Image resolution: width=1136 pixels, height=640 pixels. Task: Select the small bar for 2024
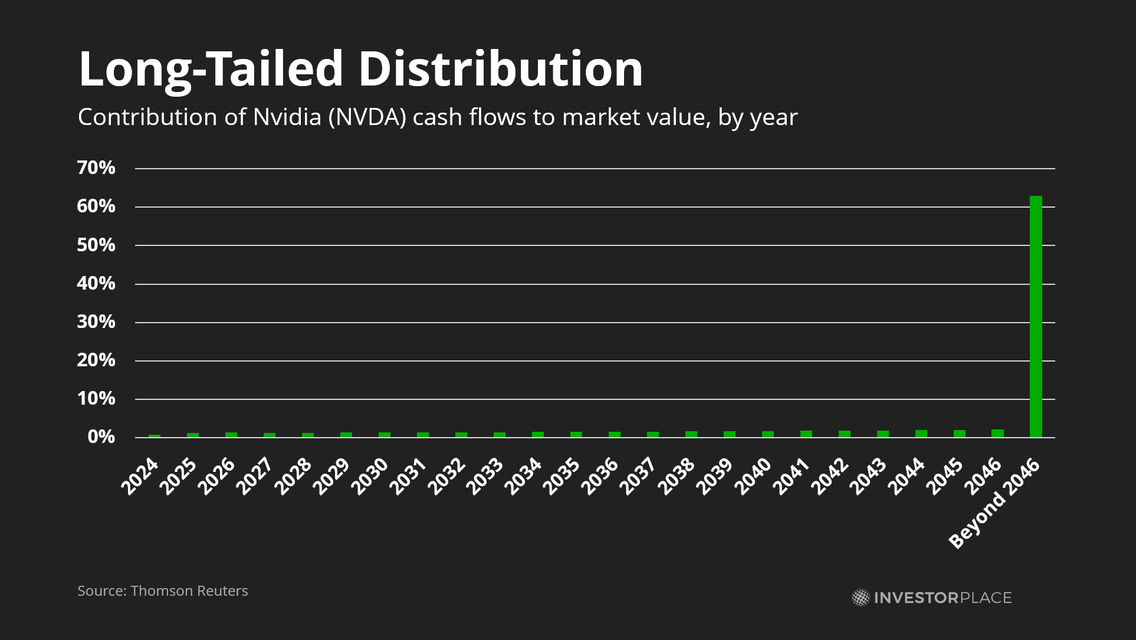tap(155, 436)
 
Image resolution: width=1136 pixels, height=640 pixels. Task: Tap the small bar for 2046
tap(997, 434)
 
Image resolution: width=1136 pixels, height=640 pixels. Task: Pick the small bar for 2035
tap(576, 435)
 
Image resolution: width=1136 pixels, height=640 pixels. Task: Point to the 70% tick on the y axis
tap(96, 168)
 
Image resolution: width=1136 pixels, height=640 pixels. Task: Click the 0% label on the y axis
tap(101, 437)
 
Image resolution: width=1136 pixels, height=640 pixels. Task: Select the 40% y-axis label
tap(96, 284)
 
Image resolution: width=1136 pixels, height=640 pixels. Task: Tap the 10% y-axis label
tap(96, 399)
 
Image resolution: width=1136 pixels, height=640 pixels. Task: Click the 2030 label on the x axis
tap(370, 476)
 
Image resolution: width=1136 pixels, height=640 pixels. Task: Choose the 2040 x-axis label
tap(753, 476)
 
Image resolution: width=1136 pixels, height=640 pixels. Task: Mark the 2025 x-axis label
tap(178, 476)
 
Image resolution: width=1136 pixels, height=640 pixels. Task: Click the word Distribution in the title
tap(500, 69)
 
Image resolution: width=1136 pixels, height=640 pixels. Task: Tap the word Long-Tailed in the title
tap(211, 69)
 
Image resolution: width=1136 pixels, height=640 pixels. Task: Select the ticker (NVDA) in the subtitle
tap(367, 117)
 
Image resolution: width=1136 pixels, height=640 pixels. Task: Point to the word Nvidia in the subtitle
tap(287, 117)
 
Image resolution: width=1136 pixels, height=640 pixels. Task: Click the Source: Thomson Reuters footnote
tap(163, 591)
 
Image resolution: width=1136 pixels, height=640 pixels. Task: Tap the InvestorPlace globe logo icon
tap(861, 598)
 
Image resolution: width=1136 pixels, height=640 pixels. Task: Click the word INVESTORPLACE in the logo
tap(943, 598)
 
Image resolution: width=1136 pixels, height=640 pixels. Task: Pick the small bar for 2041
tap(806, 434)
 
